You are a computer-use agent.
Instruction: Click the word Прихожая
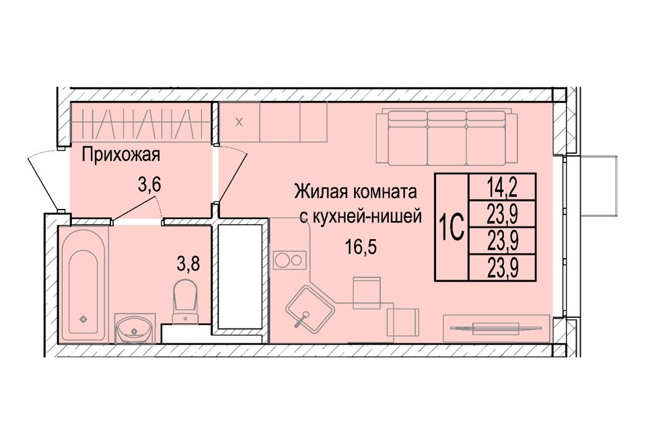coord(120,156)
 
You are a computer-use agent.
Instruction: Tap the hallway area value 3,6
coord(149,185)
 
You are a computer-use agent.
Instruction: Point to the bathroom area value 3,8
coord(188,263)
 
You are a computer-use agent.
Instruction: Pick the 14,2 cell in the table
coord(503,187)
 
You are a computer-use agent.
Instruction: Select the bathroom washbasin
coord(135,329)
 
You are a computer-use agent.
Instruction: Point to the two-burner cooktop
coord(289,260)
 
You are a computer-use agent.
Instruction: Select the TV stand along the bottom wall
coord(496,328)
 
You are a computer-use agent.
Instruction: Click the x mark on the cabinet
coord(239,122)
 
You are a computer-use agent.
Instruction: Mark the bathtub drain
coord(83,318)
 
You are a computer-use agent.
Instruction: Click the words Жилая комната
coord(355,191)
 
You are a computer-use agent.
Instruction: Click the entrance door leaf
coord(43,183)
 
